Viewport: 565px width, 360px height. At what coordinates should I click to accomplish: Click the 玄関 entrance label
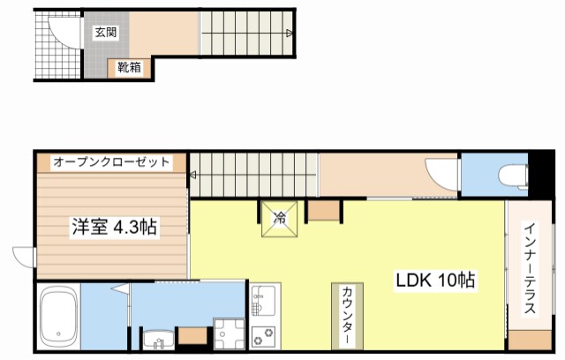[x=104, y=32]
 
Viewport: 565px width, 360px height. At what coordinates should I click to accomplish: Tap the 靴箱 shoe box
[x=128, y=65]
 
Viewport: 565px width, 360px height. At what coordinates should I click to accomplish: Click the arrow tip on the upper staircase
[x=292, y=34]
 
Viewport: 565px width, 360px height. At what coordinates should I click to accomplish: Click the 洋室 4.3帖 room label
[x=114, y=227]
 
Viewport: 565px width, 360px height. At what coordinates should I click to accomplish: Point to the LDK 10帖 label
[x=435, y=281]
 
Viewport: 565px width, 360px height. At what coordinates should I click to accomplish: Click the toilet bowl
[x=511, y=175]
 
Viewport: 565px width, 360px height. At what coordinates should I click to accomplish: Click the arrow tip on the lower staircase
[x=192, y=176]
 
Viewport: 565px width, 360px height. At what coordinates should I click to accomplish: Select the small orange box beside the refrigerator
[x=323, y=210]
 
